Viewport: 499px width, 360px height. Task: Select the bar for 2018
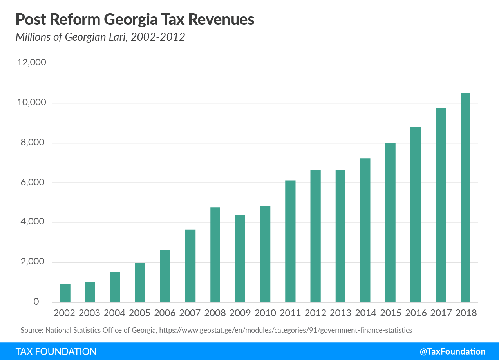tap(465, 198)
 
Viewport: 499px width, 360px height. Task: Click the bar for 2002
tap(65, 293)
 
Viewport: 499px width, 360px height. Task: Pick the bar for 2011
tap(290, 241)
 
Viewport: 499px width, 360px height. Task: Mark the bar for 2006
tap(165, 276)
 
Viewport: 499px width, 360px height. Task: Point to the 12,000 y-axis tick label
tap(32, 63)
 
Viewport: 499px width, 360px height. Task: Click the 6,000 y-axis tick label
tap(34, 182)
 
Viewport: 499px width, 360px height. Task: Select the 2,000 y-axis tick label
tap(34, 262)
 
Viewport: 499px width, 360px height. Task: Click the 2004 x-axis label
tap(115, 313)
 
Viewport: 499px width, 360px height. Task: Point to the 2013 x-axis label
tap(340, 313)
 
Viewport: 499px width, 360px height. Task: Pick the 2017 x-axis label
tap(440, 313)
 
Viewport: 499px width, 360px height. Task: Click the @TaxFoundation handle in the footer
tap(452, 351)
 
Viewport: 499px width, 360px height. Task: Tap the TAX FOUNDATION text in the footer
tap(56, 351)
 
